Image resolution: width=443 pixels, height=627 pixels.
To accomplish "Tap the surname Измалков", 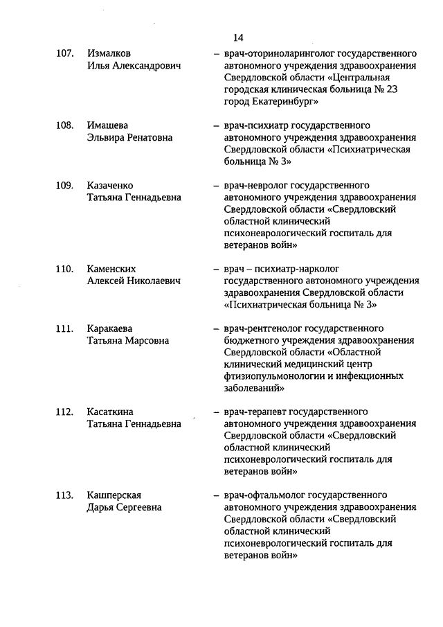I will click(109, 54).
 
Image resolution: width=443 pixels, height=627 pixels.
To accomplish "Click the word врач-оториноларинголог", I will click(277, 54).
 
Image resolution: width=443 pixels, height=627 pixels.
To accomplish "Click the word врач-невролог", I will click(254, 186).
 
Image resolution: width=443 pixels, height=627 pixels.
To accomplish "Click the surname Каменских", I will click(111, 269).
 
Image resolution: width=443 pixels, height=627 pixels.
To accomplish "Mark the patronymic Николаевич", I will click(154, 281).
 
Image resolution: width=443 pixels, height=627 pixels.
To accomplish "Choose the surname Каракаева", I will click(110, 328).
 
